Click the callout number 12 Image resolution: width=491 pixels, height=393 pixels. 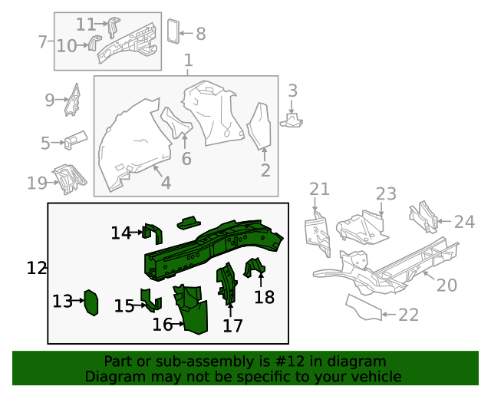[x=37, y=268]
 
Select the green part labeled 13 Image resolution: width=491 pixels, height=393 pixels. [x=91, y=302]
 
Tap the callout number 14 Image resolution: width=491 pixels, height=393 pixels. [x=120, y=233]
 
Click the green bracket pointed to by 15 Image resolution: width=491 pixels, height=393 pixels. [x=150, y=299]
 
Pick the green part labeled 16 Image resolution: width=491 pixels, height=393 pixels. [x=191, y=307]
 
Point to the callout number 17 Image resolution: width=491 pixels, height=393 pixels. [x=232, y=325]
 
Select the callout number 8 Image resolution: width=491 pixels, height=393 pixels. [x=201, y=34]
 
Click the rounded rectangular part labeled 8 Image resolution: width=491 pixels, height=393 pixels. [x=173, y=30]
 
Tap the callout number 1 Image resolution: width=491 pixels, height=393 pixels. [x=188, y=60]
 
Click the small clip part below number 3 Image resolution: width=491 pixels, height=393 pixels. [x=293, y=120]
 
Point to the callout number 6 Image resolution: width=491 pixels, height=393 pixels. [x=186, y=159]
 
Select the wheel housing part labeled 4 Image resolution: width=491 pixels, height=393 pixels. [x=127, y=146]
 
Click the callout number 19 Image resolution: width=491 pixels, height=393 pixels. [x=37, y=183]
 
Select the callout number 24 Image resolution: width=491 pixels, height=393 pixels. [x=464, y=222]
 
